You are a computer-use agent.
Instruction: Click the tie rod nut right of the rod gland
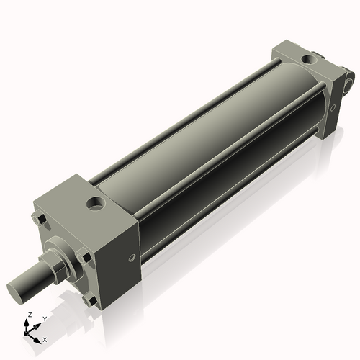(86, 256)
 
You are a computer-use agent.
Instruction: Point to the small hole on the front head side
(130, 258)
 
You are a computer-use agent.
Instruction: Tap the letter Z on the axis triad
(29, 315)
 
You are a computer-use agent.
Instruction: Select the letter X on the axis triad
(45, 338)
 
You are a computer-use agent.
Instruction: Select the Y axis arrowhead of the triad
(37, 324)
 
